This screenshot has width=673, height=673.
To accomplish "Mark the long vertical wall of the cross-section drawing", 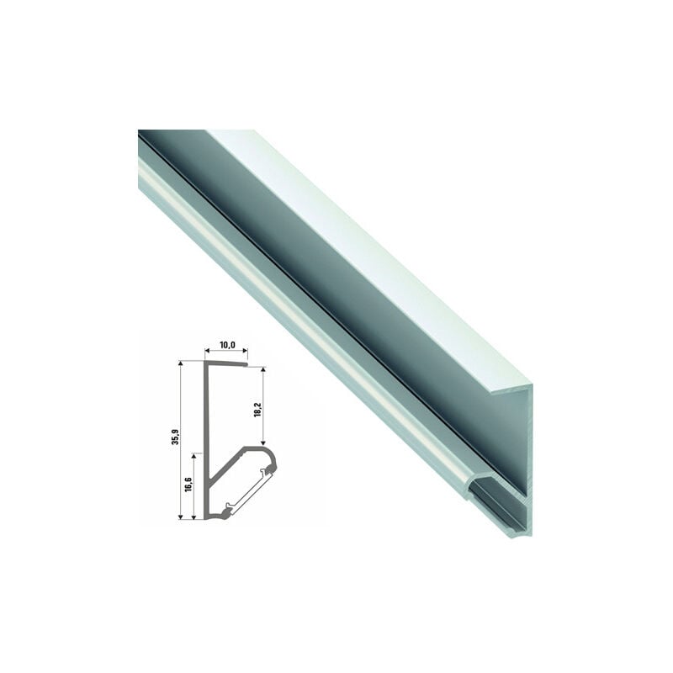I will [207, 437].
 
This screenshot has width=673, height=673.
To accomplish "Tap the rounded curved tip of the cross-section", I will [271, 458].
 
